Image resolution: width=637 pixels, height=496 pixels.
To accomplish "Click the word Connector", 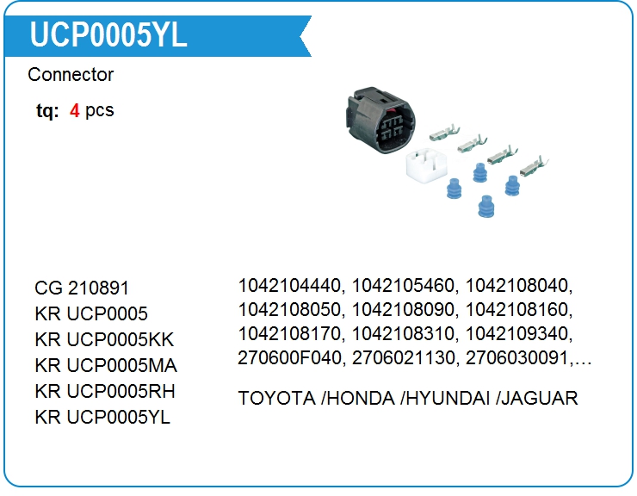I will (71, 75).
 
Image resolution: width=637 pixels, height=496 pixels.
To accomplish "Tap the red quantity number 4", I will (75, 111).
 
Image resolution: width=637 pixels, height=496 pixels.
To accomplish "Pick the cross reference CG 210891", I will (82, 288).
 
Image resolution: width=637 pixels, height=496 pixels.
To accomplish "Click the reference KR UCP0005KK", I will (104, 340).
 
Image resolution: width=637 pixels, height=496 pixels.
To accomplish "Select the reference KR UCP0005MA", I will (106, 366).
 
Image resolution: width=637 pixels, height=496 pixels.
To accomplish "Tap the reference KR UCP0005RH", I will (105, 392).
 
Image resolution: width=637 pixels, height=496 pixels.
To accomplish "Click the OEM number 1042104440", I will (291, 285).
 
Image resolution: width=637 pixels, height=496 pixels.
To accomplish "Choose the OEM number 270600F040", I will (291, 357).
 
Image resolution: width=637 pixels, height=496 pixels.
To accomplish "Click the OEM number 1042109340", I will (516, 333).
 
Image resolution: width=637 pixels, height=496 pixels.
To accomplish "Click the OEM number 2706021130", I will (404, 357).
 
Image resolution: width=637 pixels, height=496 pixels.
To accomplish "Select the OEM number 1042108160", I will (516, 309).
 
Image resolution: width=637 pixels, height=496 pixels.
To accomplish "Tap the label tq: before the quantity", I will (47, 111).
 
